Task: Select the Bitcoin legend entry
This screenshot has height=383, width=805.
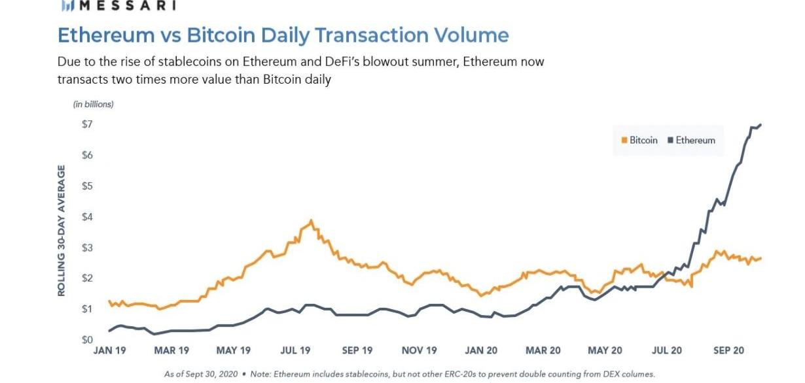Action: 639,141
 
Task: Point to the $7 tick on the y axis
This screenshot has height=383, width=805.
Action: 86,124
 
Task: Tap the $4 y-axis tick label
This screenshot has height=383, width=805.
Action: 86,217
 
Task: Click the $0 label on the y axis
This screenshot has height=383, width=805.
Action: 86,340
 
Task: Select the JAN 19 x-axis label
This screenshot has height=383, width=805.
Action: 109,351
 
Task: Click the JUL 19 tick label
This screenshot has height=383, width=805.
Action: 296,351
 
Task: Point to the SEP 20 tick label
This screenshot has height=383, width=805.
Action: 728,351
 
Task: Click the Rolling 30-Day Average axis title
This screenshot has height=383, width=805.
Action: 62,231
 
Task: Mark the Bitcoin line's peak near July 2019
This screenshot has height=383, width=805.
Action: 311,220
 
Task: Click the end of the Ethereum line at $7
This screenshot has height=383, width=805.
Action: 760,125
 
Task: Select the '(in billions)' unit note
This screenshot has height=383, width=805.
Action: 93,104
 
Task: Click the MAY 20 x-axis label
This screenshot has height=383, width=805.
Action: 605,351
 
